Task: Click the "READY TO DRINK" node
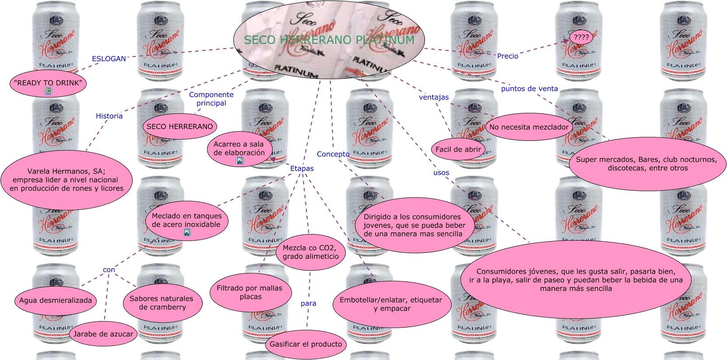48,83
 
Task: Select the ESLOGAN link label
109,59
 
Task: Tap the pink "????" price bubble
581,38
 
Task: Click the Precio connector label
507,56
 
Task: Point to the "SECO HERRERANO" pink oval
179,126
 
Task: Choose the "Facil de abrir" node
458,149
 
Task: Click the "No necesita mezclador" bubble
529,127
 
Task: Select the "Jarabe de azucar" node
103,334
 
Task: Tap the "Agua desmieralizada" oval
56,300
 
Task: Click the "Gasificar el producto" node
306,344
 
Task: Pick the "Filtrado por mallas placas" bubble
250,292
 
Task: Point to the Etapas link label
302,168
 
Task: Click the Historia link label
109,116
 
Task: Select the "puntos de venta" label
529,89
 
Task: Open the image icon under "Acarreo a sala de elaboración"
240,161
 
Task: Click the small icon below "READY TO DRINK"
48,91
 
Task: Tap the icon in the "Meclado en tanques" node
187,233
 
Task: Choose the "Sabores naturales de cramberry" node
162,303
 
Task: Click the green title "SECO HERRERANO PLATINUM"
329,40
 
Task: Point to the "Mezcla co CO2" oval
310,252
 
